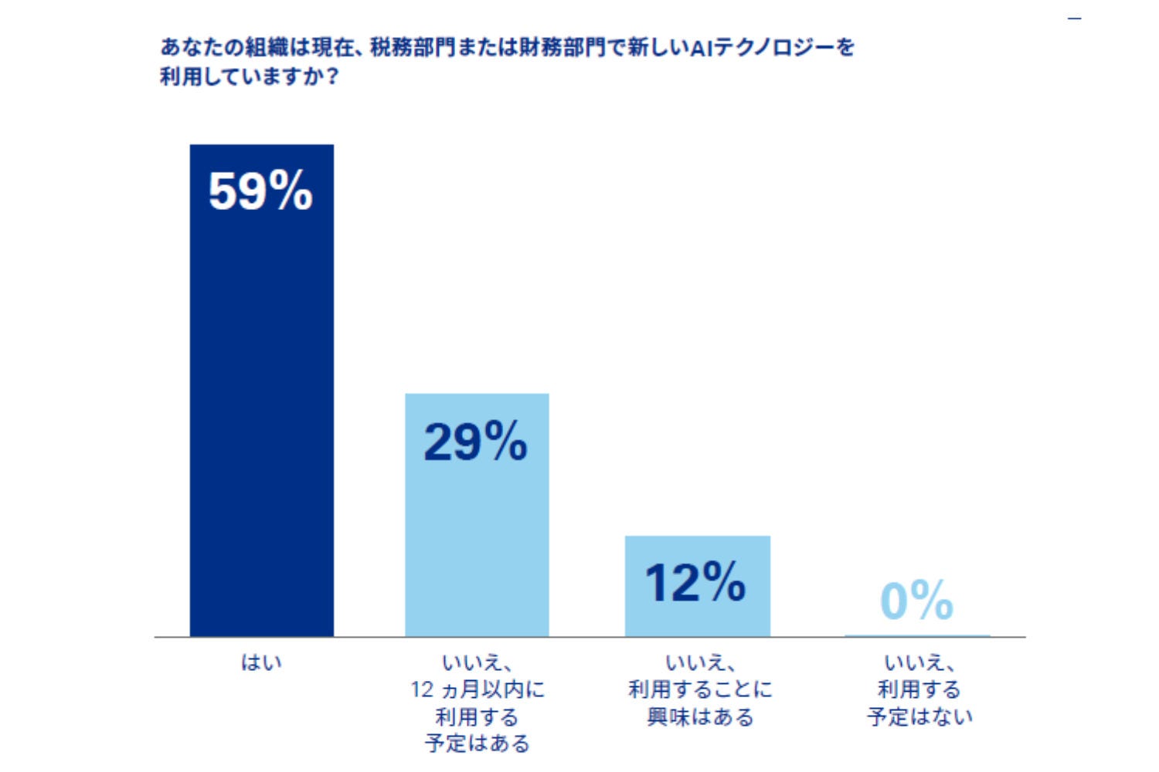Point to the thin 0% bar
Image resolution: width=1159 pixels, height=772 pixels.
(x=917, y=636)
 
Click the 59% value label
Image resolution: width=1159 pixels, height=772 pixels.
(x=260, y=191)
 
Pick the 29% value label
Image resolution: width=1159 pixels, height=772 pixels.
(x=476, y=442)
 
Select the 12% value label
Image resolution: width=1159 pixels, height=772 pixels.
(x=695, y=582)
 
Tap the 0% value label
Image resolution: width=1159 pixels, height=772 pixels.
(x=916, y=601)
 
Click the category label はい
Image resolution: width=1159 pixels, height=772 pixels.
(x=261, y=662)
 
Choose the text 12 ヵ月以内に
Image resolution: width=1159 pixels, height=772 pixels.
(x=477, y=689)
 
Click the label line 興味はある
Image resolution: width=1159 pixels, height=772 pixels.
(x=700, y=717)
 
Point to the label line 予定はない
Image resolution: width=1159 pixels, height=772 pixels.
(x=919, y=717)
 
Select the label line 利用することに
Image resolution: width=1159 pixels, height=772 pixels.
(x=700, y=689)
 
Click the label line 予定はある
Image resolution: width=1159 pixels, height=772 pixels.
(x=477, y=744)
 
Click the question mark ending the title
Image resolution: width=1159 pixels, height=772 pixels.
(x=333, y=77)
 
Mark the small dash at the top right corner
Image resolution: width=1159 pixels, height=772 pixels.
(x=1075, y=18)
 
